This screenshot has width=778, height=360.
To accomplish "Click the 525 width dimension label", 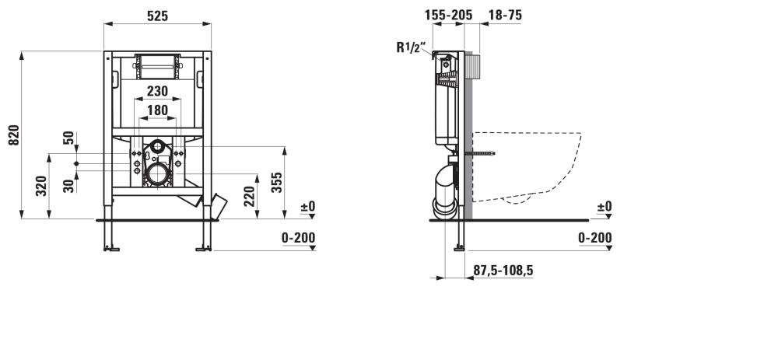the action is pos(157,16).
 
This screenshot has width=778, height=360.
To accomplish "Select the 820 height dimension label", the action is pos(14,135).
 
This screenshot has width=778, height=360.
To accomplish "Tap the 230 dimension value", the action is pos(157,91).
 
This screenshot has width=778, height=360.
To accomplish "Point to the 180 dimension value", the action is pos(158,110).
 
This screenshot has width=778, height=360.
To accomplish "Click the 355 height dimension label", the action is pos(278,182).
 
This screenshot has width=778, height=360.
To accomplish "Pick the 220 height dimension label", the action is pos(250,196).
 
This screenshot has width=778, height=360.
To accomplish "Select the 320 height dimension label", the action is pos(42,186).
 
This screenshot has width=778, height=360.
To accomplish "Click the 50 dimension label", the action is pos(69,138).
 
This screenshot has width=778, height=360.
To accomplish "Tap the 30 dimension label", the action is pos(69,186).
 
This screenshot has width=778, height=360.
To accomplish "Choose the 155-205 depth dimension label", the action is pos(448,16).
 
